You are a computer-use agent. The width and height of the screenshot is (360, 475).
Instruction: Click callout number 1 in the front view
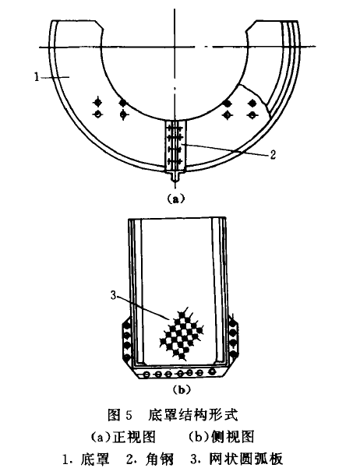(37, 77)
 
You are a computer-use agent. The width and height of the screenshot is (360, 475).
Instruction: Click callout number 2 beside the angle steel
(273, 155)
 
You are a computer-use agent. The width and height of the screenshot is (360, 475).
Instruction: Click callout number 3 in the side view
(113, 295)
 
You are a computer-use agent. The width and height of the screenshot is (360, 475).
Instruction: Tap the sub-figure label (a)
(175, 199)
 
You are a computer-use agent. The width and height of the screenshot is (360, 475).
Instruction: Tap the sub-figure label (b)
(182, 389)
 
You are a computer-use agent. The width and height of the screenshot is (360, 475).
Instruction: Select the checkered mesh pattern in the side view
(182, 334)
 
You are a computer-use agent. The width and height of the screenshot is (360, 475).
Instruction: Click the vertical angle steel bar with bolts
(176, 146)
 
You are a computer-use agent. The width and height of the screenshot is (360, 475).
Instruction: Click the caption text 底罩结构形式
(193, 414)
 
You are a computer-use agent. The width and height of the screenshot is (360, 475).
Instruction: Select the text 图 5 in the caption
(120, 415)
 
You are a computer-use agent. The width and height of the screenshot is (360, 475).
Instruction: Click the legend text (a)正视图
(123, 437)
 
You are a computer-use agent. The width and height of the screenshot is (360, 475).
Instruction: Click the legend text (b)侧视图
(221, 437)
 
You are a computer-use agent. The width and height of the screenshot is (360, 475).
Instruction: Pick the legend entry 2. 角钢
(150, 459)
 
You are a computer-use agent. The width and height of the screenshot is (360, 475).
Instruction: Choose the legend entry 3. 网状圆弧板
(237, 459)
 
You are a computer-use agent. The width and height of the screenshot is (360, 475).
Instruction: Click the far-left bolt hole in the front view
(97, 114)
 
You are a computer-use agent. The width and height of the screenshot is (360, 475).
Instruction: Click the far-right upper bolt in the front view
(252, 104)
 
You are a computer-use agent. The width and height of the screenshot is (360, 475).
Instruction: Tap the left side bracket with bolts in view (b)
(127, 341)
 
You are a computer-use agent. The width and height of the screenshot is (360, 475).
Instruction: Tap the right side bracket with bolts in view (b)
(233, 339)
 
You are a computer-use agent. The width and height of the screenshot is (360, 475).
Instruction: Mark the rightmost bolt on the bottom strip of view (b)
(213, 371)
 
